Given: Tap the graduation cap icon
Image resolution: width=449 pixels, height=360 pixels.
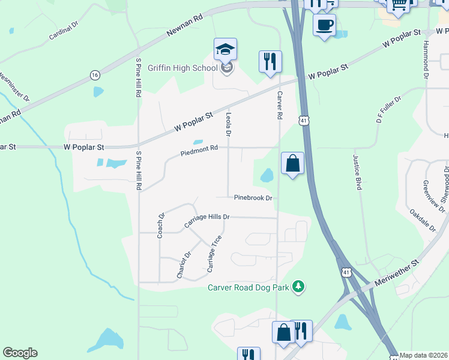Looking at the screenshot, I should (225, 49).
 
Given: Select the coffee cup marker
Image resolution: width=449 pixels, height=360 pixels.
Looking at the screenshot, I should (324, 25).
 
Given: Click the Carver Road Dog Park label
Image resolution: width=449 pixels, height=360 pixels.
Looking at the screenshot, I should (249, 287).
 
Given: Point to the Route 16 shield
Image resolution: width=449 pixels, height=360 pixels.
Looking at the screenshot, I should (95, 74).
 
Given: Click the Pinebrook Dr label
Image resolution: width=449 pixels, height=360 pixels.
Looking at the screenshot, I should (253, 197).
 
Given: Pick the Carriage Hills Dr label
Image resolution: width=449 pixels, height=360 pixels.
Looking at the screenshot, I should (207, 220).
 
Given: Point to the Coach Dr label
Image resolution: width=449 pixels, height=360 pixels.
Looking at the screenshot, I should (161, 225).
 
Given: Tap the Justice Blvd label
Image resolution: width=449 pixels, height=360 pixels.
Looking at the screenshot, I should (357, 172).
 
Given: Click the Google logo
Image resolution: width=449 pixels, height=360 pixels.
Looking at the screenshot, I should (20, 353).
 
